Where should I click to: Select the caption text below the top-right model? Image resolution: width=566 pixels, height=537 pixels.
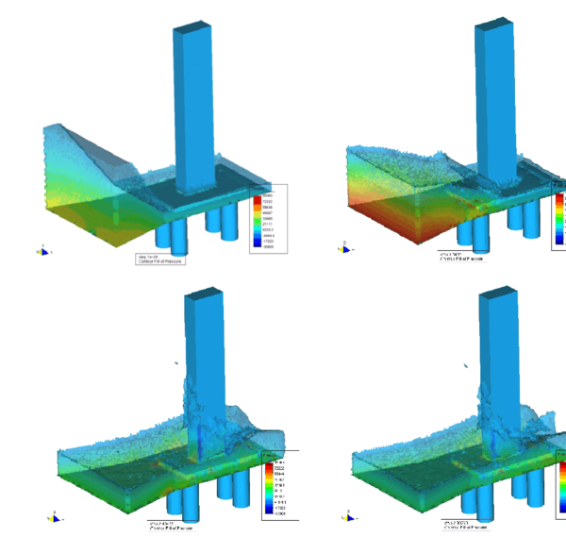click(x=461, y=256)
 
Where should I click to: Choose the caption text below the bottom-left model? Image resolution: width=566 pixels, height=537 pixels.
click(x=161, y=526)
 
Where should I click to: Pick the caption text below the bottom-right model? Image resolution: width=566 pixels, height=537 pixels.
click(x=461, y=526)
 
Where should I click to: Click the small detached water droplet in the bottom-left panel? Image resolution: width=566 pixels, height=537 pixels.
click(x=176, y=363)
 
